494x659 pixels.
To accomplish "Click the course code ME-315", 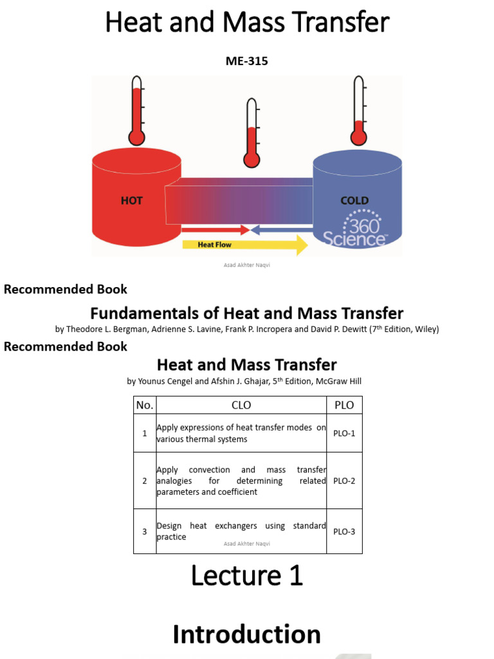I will (x=246, y=61).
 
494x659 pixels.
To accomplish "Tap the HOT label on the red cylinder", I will (x=132, y=201).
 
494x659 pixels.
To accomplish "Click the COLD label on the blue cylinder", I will (x=354, y=201).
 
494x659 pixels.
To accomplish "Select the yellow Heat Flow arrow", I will (x=244, y=245).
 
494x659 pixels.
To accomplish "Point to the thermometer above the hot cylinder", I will (x=136, y=111).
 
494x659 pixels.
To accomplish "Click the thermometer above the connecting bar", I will (x=251, y=133).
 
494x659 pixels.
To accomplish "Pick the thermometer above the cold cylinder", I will (x=358, y=111).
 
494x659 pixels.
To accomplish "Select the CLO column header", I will (x=241, y=405).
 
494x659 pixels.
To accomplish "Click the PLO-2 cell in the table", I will (x=344, y=481).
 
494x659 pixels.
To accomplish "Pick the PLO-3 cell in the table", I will (x=344, y=532).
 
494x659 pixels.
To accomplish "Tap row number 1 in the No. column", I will (x=145, y=433).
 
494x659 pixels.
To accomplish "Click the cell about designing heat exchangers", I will (x=241, y=531).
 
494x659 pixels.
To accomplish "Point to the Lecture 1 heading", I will (x=246, y=576).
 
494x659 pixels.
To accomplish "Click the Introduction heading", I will (x=246, y=635).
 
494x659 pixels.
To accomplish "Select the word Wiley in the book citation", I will (x=426, y=329).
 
